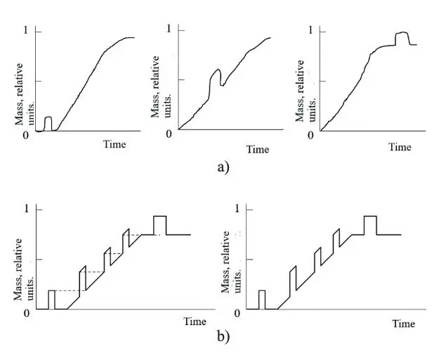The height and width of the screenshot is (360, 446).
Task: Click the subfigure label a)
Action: click(x=223, y=167)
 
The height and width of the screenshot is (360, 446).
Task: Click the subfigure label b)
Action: click(x=223, y=337)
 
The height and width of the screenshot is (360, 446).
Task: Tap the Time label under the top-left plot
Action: click(x=114, y=144)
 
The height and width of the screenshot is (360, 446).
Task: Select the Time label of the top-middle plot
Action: click(x=258, y=149)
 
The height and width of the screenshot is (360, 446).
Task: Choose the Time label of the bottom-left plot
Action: click(x=195, y=321)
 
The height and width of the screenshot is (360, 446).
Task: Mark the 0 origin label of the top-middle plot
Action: click(x=169, y=134)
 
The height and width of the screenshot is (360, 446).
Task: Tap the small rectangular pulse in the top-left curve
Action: click(x=48, y=122)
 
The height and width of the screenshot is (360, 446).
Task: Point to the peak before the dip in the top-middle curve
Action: click(x=217, y=70)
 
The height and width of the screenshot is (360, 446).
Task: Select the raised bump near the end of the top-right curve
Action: click(x=402, y=37)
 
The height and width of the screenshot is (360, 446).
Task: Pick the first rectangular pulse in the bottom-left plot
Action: click(x=51, y=299)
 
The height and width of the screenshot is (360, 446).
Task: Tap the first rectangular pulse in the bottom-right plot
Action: click(x=262, y=299)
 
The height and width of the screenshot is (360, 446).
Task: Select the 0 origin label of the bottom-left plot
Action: click(x=26, y=312)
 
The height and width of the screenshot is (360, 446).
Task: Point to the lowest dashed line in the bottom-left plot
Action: click(x=67, y=290)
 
